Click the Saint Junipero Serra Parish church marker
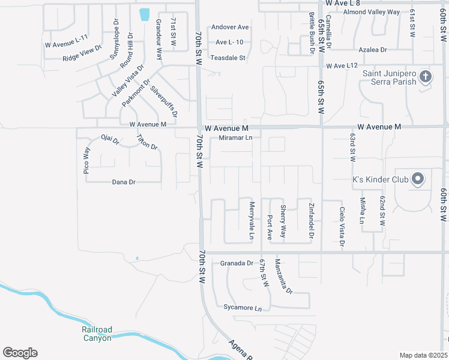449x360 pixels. pos(426,76)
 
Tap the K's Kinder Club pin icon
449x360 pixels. pos(418,179)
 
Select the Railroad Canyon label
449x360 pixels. pos(97,334)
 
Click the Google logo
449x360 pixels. pos(20,353)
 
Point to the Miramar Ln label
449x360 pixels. pos(235,138)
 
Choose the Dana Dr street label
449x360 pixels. pos(124,182)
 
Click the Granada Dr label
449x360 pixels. pos(237,263)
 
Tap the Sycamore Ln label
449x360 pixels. pos(243,308)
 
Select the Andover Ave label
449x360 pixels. pos(229,28)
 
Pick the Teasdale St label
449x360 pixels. pos(228,58)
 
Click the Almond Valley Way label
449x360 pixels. pos(372,12)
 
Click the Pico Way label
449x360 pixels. pos(87,160)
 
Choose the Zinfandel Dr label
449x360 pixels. pos(312,220)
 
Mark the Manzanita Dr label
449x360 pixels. pos(283,277)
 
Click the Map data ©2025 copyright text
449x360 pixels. pos(424,355)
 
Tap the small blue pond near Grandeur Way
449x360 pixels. pos(144,14)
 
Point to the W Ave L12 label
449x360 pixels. pos(342,65)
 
